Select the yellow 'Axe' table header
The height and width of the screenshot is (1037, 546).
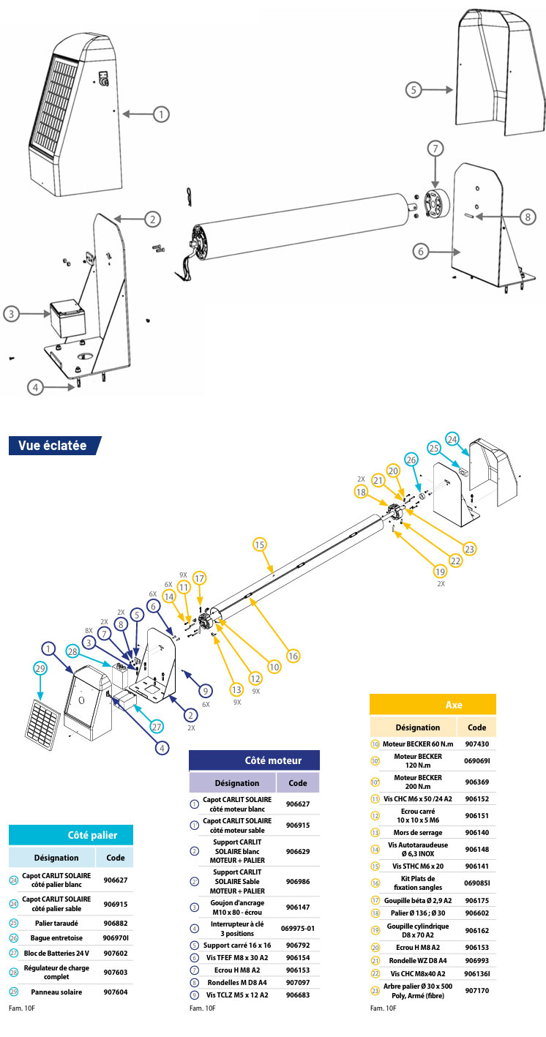[433, 704]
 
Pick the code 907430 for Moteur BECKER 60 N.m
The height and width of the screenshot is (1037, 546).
[477, 744]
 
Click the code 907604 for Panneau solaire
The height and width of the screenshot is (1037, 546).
[116, 992]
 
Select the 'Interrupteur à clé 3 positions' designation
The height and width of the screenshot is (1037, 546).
[237, 928]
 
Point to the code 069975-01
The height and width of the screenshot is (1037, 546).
[298, 928]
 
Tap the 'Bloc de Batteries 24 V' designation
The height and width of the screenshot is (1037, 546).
[56, 954]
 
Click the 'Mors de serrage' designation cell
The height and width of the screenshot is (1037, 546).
[418, 832]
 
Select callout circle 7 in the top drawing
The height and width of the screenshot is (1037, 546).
[435, 149]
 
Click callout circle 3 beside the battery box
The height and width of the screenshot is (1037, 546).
[12, 314]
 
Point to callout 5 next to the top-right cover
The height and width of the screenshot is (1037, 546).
[414, 90]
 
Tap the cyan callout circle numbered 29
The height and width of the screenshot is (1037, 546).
[40, 668]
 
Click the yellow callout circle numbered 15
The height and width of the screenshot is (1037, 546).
[259, 544]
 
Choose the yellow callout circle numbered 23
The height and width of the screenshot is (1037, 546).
[469, 549]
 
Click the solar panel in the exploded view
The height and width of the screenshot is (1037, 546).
[42, 719]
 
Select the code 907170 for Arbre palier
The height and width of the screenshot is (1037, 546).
[477, 990]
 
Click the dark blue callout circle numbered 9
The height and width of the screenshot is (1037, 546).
[206, 691]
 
